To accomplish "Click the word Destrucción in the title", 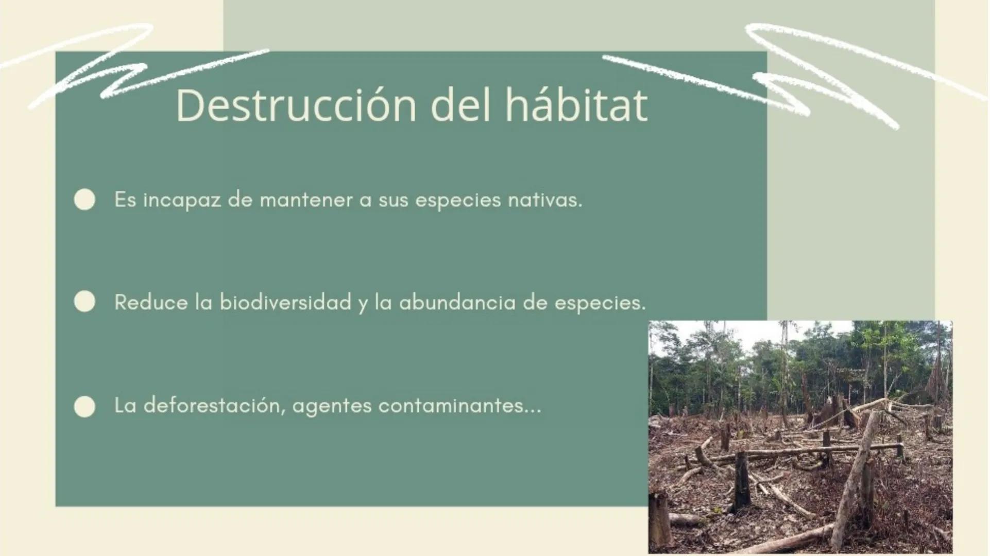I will coord(296,106).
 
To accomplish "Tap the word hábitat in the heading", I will coord(576,106).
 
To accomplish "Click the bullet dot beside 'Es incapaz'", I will coord(84,200).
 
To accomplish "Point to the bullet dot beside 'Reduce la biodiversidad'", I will coord(84,302).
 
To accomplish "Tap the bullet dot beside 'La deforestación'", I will coord(84,406).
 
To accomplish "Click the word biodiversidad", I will coord(285,302).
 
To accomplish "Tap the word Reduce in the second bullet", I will coord(150,302).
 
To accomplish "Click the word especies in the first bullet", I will coord(457,200).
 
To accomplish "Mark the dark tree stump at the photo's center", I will coord(742,481).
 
